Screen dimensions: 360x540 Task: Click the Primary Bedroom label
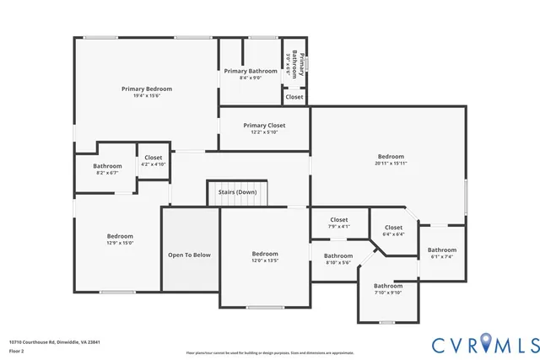147,89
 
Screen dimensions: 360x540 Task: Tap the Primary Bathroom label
250,71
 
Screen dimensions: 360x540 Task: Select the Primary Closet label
264,125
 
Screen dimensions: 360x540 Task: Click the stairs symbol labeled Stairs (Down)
237,191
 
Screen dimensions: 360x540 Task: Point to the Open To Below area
189,255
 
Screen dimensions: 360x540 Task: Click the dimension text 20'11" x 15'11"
391,164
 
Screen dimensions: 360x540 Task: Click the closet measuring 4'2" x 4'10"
154,160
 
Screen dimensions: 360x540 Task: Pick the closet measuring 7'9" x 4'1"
339,223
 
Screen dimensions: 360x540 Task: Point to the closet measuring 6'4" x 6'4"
393,230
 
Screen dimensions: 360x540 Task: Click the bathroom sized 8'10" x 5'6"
338,259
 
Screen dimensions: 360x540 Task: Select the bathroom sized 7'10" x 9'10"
388,289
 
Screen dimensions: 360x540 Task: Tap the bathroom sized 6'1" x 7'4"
441,253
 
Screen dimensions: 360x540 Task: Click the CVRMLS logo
484,343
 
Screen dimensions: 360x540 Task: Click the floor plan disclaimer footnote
269,352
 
